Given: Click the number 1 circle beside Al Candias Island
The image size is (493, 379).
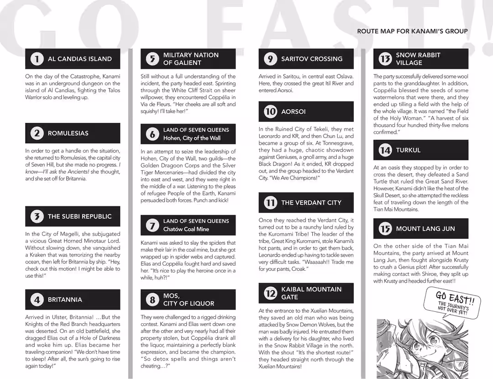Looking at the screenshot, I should (x=37, y=59).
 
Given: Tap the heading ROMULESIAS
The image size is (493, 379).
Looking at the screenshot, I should (x=68, y=133).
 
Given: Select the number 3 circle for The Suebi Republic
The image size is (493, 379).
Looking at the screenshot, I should (x=37, y=216).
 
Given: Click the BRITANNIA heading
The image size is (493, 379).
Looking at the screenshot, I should (x=65, y=300).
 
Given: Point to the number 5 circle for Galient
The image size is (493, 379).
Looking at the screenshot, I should (x=152, y=59).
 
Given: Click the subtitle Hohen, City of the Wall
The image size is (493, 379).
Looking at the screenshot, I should (x=192, y=138).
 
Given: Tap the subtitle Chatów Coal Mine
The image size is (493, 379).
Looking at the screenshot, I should (x=186, y=229).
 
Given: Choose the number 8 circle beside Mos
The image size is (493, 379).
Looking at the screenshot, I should (x=152, y=300).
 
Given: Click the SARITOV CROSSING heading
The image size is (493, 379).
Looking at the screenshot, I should (x=311, y=59).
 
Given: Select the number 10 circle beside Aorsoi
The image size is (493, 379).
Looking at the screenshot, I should (x=270, y=111).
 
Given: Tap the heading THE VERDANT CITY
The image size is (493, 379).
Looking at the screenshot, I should (x=311, y=203).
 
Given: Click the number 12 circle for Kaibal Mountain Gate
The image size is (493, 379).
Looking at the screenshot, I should (x=270, y=293).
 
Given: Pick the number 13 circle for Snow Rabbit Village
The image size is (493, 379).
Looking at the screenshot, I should (x=385, y=59).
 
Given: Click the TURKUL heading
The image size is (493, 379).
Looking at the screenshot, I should (x=408, y=150).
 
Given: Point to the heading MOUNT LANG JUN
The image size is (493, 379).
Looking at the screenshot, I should (x=425, y=229).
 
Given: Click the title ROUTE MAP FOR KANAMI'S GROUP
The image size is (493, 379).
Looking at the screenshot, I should (x=412, y=31).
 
